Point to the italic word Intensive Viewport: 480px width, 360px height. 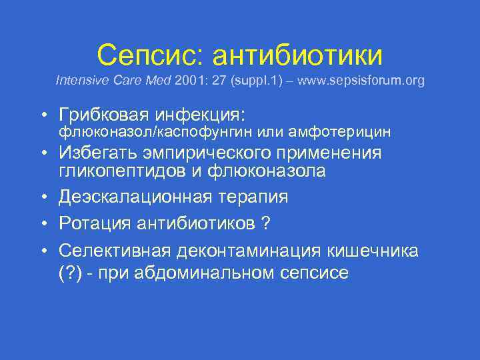pyautogui.click(x=78, y=81)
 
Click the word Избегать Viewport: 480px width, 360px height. pyautogui.click(x=99, y=153)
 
